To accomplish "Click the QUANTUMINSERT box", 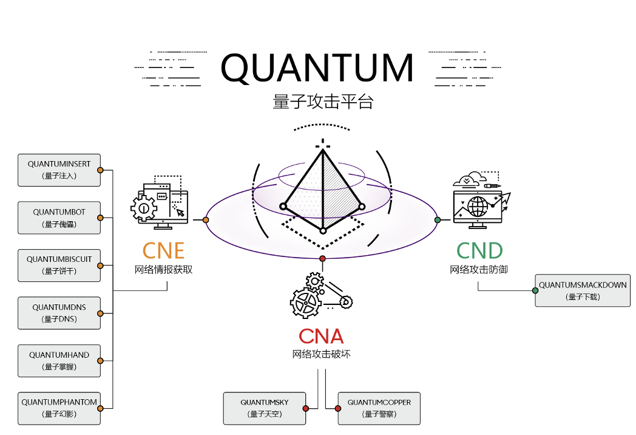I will click(x=59, y=170).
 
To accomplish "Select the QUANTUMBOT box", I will click(x=59, y=218).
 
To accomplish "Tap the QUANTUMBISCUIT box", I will click(x=59, y=265).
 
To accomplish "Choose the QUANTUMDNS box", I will click(x=59, y=313).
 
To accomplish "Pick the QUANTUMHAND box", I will click(x=59, y=361).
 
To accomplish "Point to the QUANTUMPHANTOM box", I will click(x=59, y=408).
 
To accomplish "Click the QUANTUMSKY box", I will click(x=264, y=408).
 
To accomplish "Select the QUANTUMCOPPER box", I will click(x=379, y=408).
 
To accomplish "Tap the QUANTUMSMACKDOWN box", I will click(x=583, y=290).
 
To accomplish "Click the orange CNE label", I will click(x=163, y=250).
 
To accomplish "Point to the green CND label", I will click(x=479, y=250).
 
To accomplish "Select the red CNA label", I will click(x=321, y=336).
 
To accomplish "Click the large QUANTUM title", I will click(x=317, y=68).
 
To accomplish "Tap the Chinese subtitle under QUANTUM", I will click(x=323, y=101).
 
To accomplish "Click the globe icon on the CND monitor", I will click(x=478, y=207).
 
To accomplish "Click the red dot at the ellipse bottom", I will click(x=323, y=259).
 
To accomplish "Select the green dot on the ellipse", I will click(x=437, y=219).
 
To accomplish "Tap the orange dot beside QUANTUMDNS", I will click(x=100, y=313).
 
